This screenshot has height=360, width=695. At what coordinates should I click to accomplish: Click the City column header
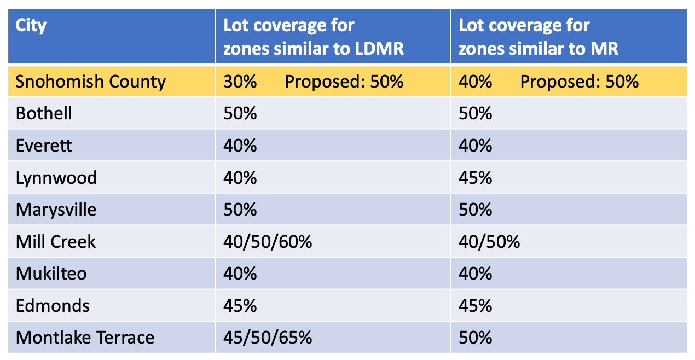(31, 26)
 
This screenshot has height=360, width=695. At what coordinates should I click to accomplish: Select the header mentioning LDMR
(313, 37)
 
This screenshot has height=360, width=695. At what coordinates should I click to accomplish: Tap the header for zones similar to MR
(538, 37)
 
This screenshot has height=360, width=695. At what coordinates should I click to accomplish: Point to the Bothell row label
(44, 114)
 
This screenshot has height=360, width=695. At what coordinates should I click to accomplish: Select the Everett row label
(44, 146)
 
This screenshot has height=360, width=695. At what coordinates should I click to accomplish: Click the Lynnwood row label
(56, 178)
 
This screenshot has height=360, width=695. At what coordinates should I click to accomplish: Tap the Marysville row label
(56, 210)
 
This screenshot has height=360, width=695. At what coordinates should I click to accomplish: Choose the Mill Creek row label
(56, 241)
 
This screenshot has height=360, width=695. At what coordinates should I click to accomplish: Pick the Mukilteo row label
(51, 274)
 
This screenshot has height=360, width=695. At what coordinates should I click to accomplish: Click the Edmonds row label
(53, 305)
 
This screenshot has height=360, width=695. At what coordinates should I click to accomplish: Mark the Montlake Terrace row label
(85, 338)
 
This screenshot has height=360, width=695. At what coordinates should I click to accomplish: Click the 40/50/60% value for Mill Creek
(268, 241)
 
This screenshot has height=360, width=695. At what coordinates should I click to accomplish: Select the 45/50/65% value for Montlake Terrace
(268, 338)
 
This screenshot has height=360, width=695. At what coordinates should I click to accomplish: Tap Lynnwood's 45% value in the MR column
(475, 178)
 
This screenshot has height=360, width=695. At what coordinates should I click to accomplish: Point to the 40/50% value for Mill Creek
(489, 241)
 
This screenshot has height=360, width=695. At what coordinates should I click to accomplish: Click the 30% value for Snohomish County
(240, 82)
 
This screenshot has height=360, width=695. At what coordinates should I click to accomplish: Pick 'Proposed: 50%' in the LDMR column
(344, 82)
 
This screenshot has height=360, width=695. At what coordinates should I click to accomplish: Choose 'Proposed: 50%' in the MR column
(579, 82)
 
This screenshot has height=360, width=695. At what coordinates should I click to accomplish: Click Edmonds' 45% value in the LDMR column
(240, 305)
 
